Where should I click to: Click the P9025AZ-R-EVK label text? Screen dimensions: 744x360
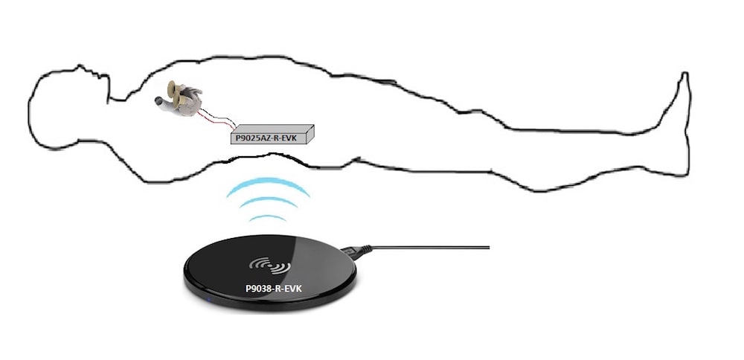pos(266,138)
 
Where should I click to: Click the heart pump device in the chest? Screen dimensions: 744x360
pos(180,97)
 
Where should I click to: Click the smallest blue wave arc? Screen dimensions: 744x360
pos(268,219)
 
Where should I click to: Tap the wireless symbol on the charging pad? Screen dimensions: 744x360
pos(271,266)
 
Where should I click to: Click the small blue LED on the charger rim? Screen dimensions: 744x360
pos(211,300)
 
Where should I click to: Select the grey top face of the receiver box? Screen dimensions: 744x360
pos(272,128)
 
